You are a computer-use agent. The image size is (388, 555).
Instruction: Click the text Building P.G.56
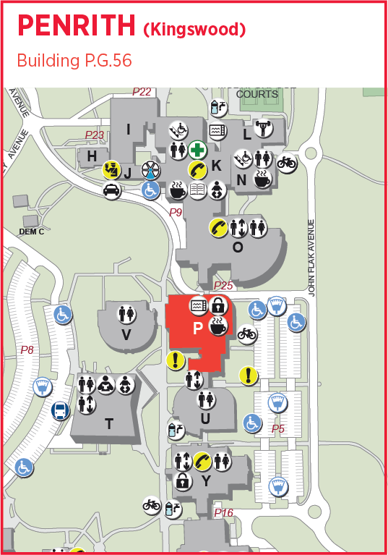pyautogui.click(x=74, y=61)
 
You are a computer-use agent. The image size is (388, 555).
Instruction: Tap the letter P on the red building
pyautogui.click(x=197, y=329)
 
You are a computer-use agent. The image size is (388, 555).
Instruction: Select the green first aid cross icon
pyautogui.click(x=197, y=151)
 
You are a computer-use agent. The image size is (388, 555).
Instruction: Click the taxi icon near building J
pyautogui.click(x=112, y=191)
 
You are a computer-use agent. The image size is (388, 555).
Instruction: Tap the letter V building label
pyautogui.click(x=126, y=335)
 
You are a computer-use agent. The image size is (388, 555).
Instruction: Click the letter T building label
pyautogui.click(x=109, y=424)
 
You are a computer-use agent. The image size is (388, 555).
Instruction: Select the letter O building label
pyautogui.click(x=238, y=247)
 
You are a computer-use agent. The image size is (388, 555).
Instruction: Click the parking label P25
pyautogui.click(x=223, y=287)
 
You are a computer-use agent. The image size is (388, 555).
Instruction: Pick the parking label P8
pyautogui.click(x=27, y=349)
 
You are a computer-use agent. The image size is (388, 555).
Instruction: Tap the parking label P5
pyautogui.click(x=278, y=429)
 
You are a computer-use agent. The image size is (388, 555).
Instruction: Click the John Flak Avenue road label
pyautogui.click(x=312, y=257)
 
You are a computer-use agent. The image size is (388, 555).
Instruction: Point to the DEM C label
pyautogui.click(x=31, y=232)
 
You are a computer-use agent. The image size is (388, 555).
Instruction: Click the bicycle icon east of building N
pyautogui.click(x=286, y=162)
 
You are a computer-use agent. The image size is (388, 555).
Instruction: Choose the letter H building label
pyautogui.click(x=92, y=156)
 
